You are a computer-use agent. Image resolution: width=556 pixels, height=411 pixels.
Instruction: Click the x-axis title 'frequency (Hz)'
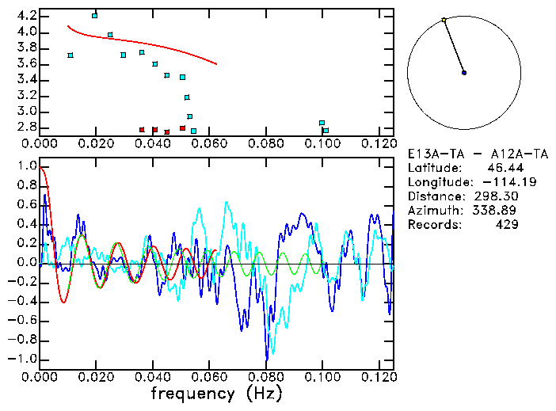(x=216, y=393)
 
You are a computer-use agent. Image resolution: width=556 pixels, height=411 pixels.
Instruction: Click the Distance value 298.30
(x=496, y=196)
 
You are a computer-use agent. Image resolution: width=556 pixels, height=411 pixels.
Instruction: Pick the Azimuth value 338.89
(x=496, y=210)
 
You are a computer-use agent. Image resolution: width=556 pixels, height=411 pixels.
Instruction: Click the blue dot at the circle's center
(x=464, y=73)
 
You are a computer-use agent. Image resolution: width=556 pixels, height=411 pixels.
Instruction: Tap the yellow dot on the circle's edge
(x=444, y=20)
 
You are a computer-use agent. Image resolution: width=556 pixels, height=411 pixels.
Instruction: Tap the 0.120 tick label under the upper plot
(x=379, y=144)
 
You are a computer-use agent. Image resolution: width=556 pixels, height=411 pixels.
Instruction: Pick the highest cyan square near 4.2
(x=95, y=15)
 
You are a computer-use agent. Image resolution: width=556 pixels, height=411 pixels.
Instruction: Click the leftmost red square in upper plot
(x=142, y=129)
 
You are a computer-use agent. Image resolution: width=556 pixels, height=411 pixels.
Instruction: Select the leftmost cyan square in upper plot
(x=70, y=55)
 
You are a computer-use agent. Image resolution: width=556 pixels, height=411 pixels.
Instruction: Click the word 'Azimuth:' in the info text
(x=432, y=210)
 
